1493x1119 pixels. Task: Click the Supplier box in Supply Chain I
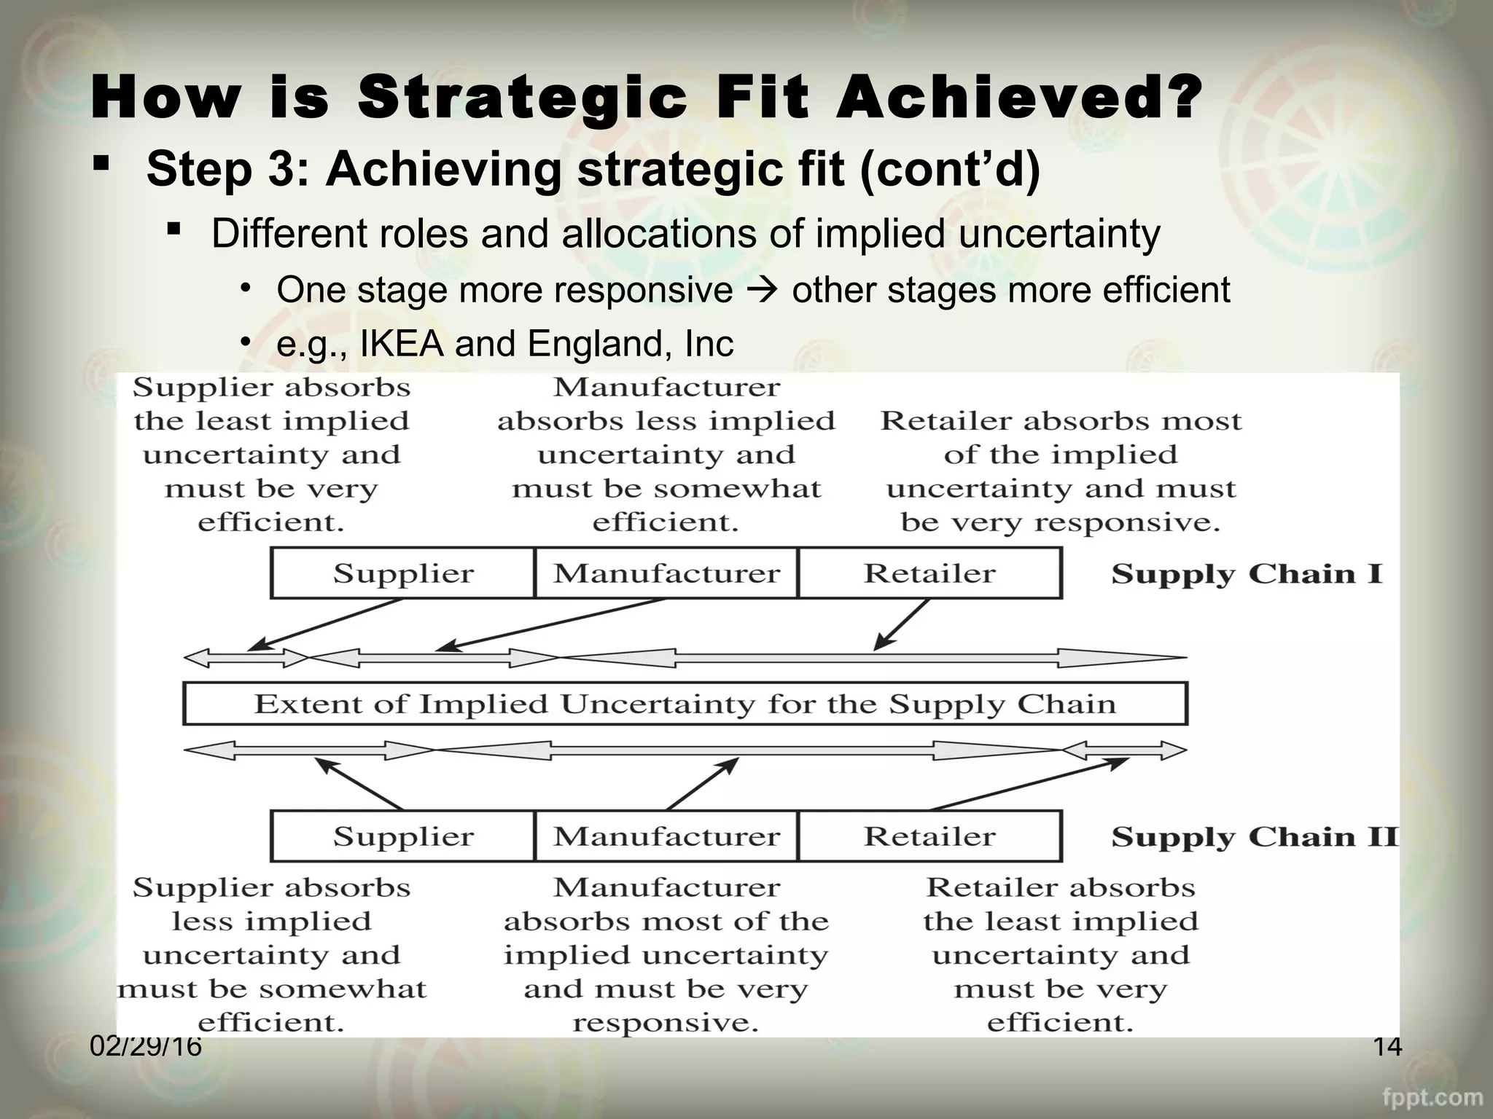[402, 573]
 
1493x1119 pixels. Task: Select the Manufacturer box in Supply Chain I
[666, 573]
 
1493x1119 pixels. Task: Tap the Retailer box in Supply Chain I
[929, 573]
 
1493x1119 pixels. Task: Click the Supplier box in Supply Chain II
[402, 836]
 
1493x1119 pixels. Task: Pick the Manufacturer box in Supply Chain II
[666, 836]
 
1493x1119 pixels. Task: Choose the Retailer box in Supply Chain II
[929, 836]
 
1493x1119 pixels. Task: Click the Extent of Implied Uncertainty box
[685, 704]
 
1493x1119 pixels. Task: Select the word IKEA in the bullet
[402, 344]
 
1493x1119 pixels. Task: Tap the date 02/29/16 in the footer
[146, 1047]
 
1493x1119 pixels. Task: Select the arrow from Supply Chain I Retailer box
[903, 624]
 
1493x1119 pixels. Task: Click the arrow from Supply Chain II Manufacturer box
[703, 784]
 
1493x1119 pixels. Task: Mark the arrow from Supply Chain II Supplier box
[359, 784]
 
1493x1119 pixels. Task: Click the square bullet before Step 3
[101, 162]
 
